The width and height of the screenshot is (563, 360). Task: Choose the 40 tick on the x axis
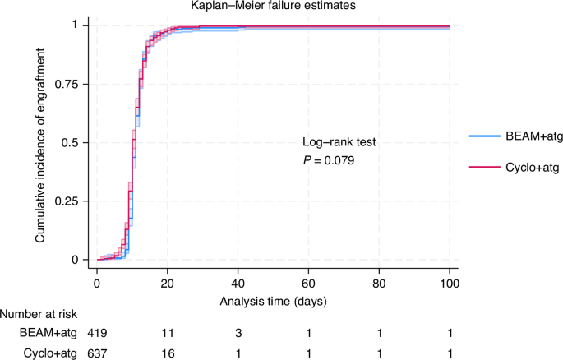coord(238,284)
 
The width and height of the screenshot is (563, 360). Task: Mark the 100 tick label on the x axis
coord(450,284)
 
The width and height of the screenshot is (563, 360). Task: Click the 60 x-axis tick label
coord(309,284)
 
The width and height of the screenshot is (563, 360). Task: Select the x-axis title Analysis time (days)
coord(274,301)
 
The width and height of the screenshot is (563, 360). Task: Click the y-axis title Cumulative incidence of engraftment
coord(39,142)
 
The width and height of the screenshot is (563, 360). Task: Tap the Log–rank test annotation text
coord(339,141)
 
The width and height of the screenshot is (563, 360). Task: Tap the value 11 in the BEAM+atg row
coord(168,332)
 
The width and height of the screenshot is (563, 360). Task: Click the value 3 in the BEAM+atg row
coord(238,332)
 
